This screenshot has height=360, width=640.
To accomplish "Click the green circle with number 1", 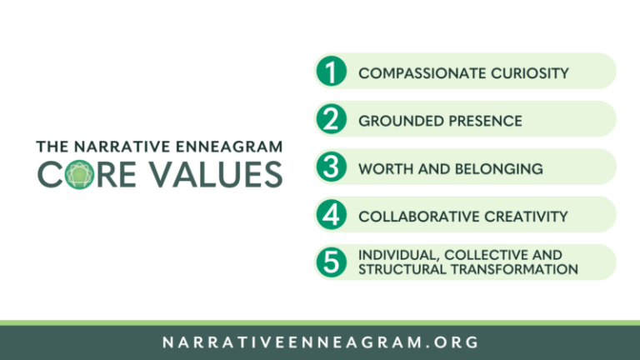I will point(332,72).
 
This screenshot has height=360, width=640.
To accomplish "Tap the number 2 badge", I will point(332,120).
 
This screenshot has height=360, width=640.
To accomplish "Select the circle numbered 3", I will point(332,167).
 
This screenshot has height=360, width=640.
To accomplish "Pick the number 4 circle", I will point(332,215).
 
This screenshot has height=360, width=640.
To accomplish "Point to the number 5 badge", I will point(332,262).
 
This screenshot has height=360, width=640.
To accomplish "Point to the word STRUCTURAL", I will point(397,269).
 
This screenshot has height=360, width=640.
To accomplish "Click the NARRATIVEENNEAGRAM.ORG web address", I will point(321,342).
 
